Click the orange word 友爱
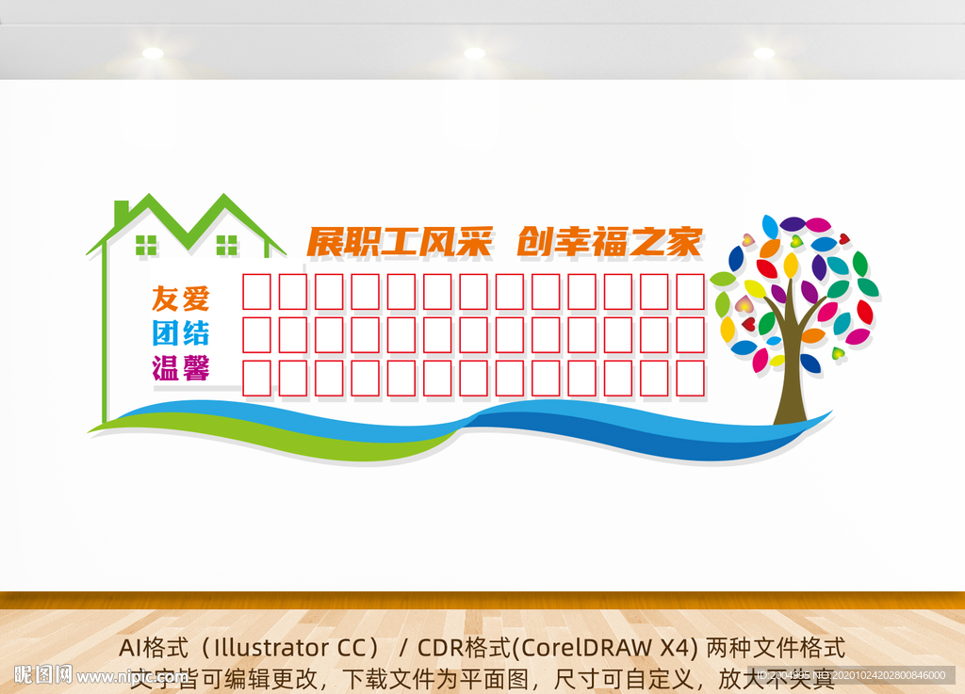tap(180, 299)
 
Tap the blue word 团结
tap(180, 332)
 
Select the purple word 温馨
tap(180, 367)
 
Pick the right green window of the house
tap(227, 245)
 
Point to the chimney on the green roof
tap(121, 212)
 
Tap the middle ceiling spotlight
tap(474, 53)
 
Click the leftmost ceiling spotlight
tap(152, 53)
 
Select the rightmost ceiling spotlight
tap(763, 53)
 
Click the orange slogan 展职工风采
tap(401, 243)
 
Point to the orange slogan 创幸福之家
tap(610, 243)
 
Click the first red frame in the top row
tap(257, 291)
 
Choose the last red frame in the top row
tap(691, 291)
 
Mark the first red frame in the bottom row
tap(257, 378)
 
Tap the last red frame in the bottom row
tap(691, 378)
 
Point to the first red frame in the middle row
tap(257, 334)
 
